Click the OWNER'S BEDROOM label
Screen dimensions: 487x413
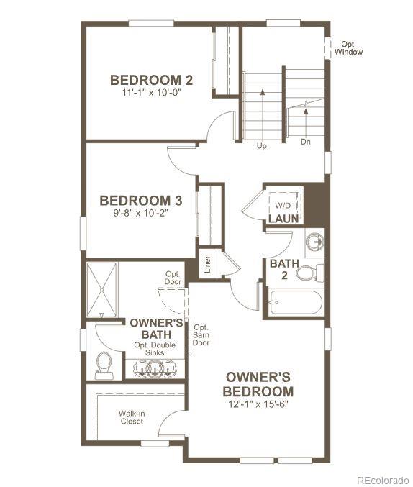click(x=258, y=384)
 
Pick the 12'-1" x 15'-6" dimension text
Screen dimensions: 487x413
click(x=258, y=405)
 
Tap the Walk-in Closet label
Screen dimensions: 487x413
click(x=132, y=417)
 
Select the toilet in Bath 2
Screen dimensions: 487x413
click(x=307, y=273)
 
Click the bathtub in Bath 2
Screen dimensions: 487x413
click(x=295, y=302)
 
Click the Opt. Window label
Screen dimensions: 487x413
click(x=352, y=48)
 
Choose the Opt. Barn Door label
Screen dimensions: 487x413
click(x=201, y=334)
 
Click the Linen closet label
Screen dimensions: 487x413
click(x=207, y=263)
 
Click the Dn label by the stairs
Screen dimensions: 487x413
click(x=307, y=142)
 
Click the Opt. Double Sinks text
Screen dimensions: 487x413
click(x=155, y=350)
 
